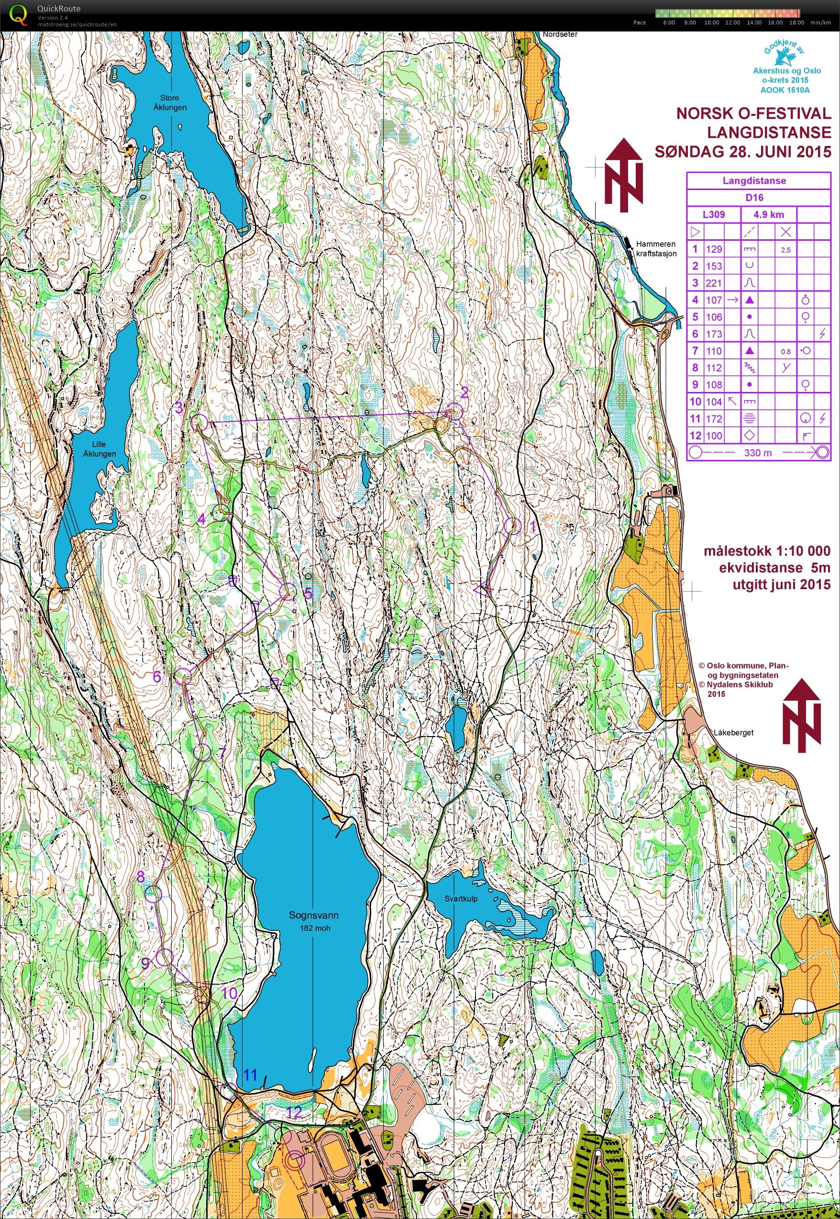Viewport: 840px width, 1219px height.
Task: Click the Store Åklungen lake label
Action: (x=170, y=102)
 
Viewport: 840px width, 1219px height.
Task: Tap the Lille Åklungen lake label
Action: (x=99, y=448)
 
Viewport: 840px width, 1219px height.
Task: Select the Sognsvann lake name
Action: (x=313, y=915)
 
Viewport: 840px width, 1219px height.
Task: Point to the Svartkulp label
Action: (x=461, y=898)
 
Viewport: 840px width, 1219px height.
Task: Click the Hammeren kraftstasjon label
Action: (x=656, y=248)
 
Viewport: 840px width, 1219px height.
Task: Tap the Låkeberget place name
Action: (x=734, y=732)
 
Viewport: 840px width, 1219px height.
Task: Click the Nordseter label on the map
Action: (x=560, y=34)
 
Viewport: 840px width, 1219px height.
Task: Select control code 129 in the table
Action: (x=714, y=249)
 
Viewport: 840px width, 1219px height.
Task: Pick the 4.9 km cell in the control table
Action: (x=768, y=214)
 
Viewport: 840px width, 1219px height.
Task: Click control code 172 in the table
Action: (x=714, y=419)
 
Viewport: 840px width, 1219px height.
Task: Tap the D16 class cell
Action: (x=754, y=198)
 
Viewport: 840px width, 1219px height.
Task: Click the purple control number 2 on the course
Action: (x=464, y=392)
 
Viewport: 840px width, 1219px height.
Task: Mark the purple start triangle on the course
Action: (x=482, y=590)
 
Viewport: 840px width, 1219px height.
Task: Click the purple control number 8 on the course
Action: (x=141, y=876)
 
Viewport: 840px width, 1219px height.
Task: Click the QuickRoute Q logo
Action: (x=20, y=14)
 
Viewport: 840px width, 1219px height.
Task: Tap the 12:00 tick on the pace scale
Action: (x=732, y=22)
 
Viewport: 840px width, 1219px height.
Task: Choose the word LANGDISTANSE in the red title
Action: (x=769, y=132)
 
